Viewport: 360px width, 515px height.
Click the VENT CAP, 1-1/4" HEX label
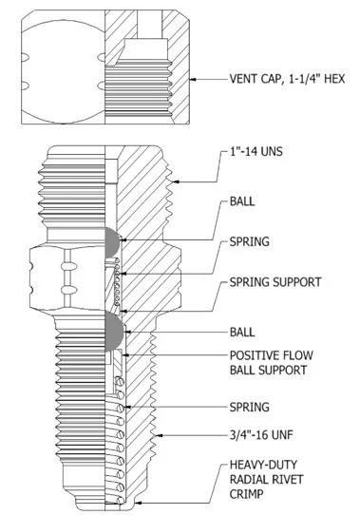click(x=287, y=79)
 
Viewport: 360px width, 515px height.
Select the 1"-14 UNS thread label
click(x=256, y=151)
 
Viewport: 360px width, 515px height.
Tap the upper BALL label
click(x=242, y=201)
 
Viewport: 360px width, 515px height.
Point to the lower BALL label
click(x=242, y=332)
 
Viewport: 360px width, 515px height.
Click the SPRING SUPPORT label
click(x=275, y=282)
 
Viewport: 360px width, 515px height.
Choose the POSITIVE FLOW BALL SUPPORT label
click(x=272, y=363)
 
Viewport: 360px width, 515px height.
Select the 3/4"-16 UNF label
click(x=261, y=435)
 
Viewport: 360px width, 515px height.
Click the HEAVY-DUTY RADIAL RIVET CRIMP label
click(x=266, y=479)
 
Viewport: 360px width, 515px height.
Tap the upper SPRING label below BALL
click(x=249, y=241)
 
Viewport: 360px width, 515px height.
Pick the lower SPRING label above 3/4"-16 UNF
click(x=249, y=407)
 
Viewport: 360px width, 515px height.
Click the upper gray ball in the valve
click(x=112, y=242)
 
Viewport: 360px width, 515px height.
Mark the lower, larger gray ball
click(x=114, y=332)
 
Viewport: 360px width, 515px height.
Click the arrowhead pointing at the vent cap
click(x=194, y=79)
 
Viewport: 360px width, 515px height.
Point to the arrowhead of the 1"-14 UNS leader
click(x=176, y=181)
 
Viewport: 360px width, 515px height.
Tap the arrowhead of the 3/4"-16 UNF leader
click(x=160, y=435)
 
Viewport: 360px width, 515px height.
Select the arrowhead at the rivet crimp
click(x=139, y=503)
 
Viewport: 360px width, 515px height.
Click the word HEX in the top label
click(x=334, y=79)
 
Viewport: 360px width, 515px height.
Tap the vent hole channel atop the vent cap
click(x=149, y=25)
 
